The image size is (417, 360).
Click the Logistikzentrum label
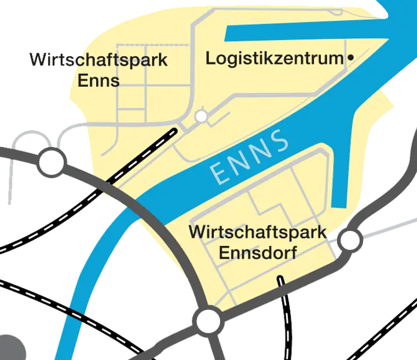275,58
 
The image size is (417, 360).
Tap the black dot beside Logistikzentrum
350,58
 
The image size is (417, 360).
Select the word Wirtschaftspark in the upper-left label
98,60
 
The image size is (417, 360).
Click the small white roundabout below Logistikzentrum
201,116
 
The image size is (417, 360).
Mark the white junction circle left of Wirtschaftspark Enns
52,161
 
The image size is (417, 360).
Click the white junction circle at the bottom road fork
209,320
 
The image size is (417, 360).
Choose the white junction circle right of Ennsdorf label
350,240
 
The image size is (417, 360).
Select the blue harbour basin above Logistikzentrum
301,34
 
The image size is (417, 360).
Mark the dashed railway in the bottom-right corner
385,336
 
